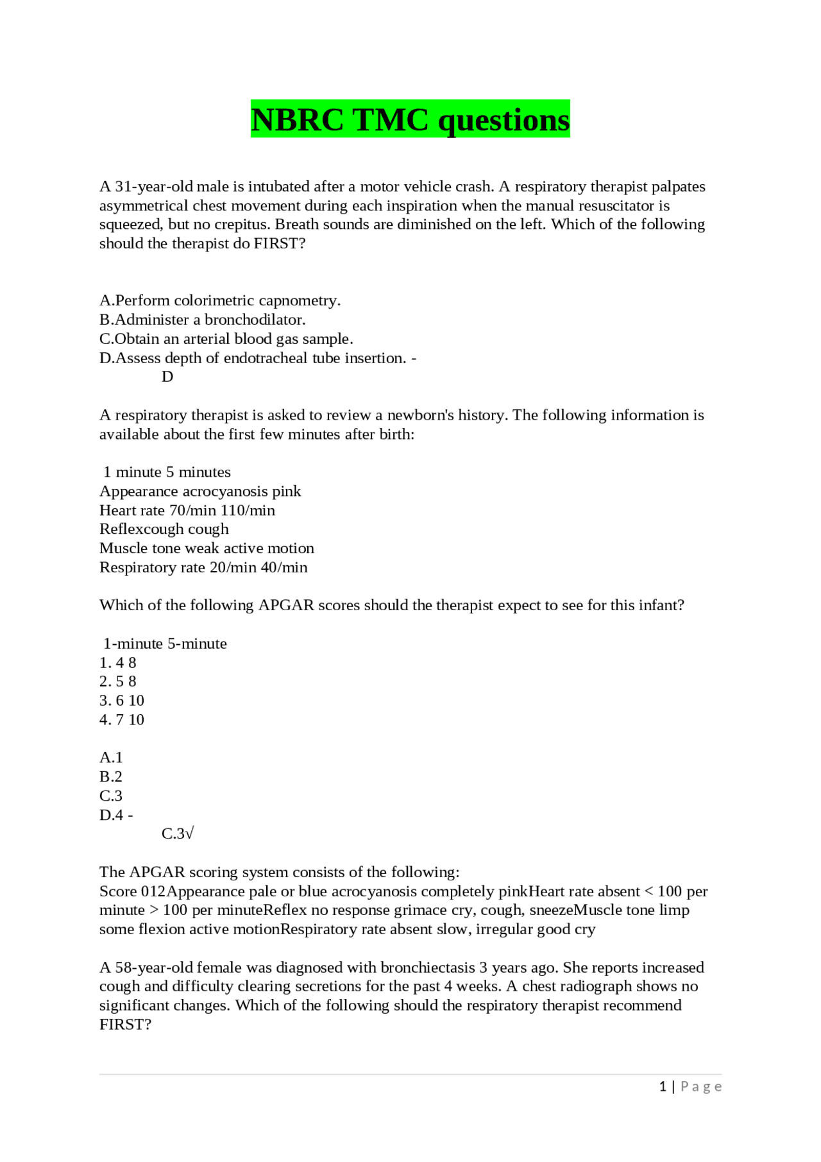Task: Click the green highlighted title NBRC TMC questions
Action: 410,120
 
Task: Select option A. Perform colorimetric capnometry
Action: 220,300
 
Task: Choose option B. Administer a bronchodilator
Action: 202,320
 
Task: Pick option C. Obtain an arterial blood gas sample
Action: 226,339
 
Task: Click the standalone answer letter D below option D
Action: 167,377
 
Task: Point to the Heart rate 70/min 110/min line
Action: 187,510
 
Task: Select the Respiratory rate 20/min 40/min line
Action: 203,567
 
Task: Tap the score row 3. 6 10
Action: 122,701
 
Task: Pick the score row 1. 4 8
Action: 118,663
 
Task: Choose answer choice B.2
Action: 111,777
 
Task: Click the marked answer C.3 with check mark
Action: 178,833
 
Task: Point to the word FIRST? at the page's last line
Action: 125,1025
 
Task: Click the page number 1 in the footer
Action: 663,1086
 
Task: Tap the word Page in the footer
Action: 701,1086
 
